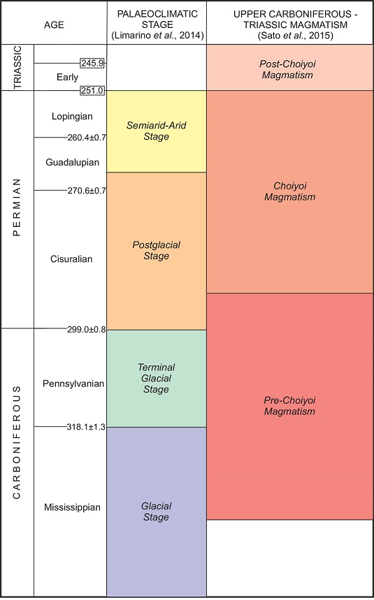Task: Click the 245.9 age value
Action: click(92, 63)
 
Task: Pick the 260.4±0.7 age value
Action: click(86, 137)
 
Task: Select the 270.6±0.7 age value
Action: click(86, 191)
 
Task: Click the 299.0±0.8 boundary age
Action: click(86, 329)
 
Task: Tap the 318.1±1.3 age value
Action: click(86, 427)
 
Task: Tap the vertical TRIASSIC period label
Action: click(17, 68)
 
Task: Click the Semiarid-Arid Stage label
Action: click(156, 131)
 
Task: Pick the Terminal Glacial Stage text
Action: click(156, 378)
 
